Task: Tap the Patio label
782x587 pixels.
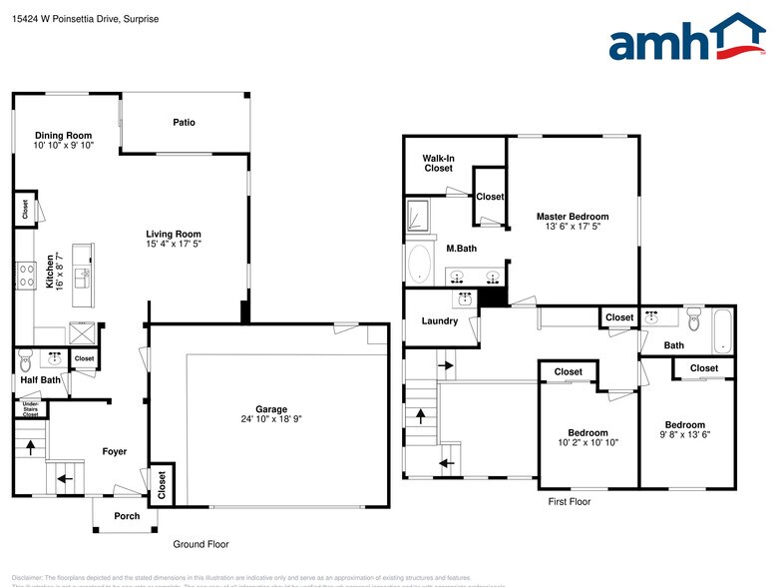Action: pyautogui.click(x=184, y=123)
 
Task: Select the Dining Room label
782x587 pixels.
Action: pyautogui.click(x=64, y=136)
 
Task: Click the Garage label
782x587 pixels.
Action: pyautogui.click(x=270, y=409)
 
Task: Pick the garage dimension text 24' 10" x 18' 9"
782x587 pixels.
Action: pyautogui.click(x=270, y=420)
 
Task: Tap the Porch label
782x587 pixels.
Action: pyautogui.click(x=127, y=516)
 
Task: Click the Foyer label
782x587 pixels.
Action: pyautogui.click(x=115, y=451)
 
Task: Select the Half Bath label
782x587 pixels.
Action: pyautogui.click(x=41, y=379)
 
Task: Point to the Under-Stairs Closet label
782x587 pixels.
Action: pyautogui.click(x=31, y=408)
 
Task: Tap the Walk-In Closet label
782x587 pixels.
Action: pyautogui.click(x=438, y=163)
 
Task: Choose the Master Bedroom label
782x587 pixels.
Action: pyautogui.click(x=572, y=217)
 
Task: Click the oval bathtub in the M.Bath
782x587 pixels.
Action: pyautogui.click(x=420, y=265)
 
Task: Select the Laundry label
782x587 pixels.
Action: pyautogui.click(x=440, y=320)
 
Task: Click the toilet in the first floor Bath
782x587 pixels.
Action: pyautogui.click(x=694, y=320)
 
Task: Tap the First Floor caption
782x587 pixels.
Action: pyautogui.click(x=570, y=502)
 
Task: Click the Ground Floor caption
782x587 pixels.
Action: pyautogui.click(x=201, y=544)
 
